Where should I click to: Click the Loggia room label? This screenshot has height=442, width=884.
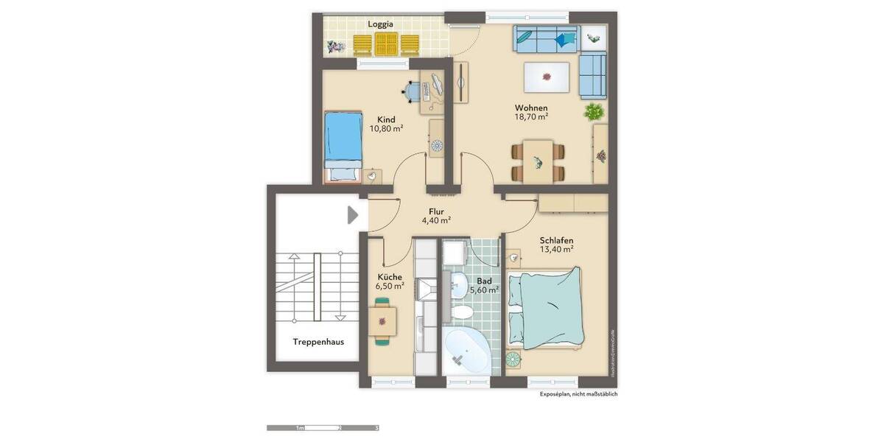pyautogui.click(x=381, y=24)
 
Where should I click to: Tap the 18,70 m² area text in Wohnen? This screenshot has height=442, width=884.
pyautogui.click(x=531, y=116)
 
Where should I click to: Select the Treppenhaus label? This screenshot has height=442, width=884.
pyautogui.click(x=318, y=342)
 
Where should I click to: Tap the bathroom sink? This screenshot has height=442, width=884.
pyautogui.click(x=457, y=284)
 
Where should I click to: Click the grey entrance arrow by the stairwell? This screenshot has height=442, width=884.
pyautogui.click(x=353, y=214)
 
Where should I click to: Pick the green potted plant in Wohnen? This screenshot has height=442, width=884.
pyautogui.click(x=594, y=112)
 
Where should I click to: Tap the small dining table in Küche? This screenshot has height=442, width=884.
pyautogui.click(x=382, y=320)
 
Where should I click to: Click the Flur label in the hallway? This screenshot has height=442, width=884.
pyautogui.click(x=436, y=211)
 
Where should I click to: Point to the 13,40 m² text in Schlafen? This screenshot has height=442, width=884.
pyautogui.click(x=556, y=249)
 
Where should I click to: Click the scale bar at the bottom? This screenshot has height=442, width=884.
pyautogui.click(x=323, y=427)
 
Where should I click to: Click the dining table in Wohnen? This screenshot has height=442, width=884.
pyautogui.click(x=539, y=161)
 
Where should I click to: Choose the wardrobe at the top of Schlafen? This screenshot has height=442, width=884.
pyautogui.click(x=573, y=203)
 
